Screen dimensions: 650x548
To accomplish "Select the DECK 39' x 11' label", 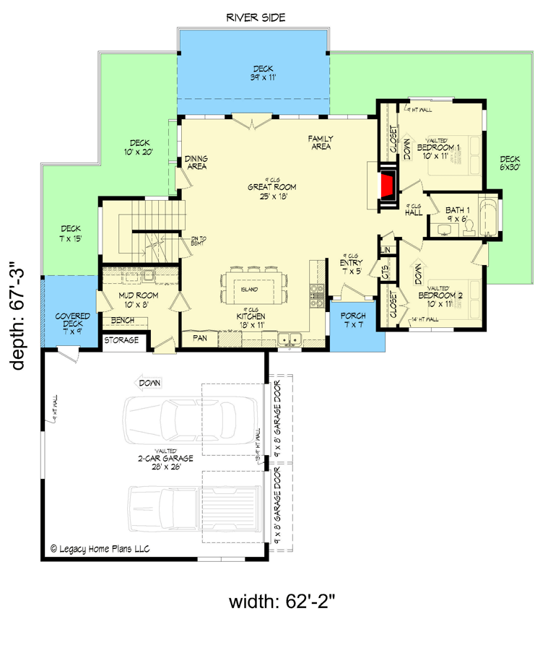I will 253,72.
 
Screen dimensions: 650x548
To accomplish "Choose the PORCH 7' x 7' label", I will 352,321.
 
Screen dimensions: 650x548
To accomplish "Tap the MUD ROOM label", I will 139,299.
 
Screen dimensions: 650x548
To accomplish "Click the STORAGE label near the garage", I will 122,340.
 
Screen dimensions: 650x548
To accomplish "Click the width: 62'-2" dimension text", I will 291,601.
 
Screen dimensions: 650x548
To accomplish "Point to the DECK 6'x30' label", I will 510,162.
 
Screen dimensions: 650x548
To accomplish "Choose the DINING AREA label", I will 196,162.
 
